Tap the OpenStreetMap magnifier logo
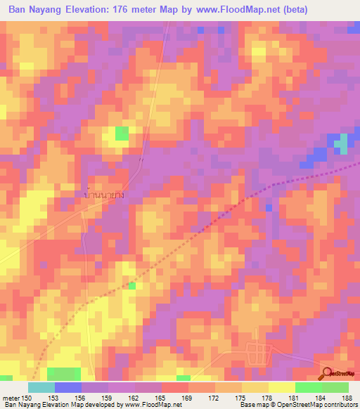coord(328,374)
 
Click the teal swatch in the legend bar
coord(41,387)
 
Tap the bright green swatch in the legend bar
coord(309,387)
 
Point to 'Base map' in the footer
coord(252,405)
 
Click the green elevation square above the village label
coord(122,134)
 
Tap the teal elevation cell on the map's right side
coord(341,144)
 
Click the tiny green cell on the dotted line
coord(131,285)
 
